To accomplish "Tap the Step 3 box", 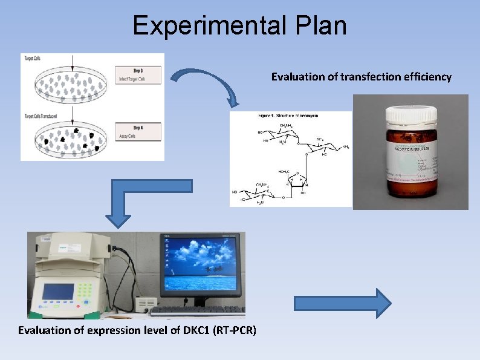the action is [137, 74].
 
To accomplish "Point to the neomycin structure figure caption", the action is [288, 115].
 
